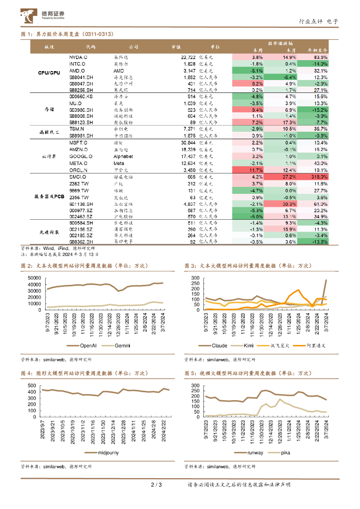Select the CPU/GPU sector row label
(49, 73)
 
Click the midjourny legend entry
(104, 453)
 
